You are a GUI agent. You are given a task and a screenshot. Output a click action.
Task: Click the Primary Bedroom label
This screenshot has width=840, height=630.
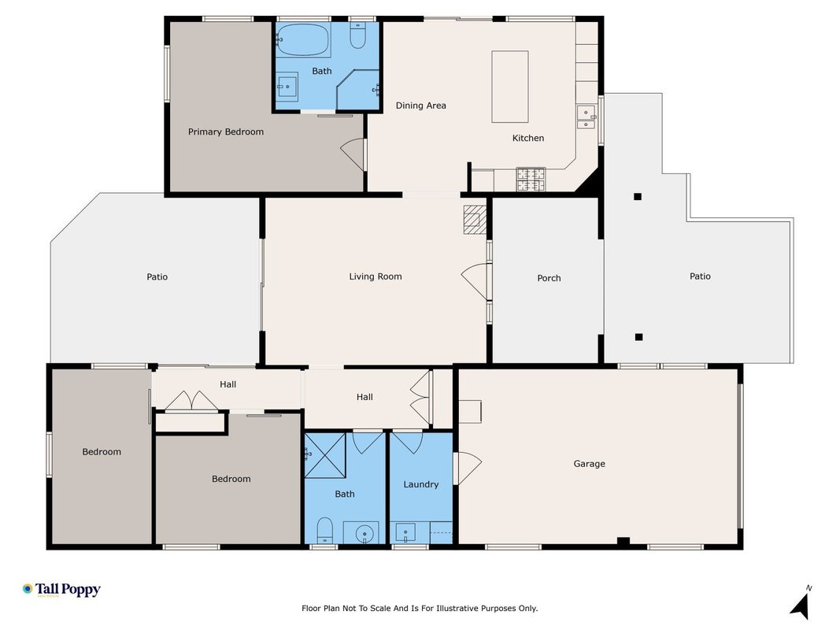[x=225, y=132]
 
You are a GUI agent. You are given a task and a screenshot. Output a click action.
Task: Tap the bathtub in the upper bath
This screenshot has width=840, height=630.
[x=302, y=39]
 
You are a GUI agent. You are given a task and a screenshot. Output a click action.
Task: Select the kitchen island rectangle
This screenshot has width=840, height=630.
[x=510, y=87]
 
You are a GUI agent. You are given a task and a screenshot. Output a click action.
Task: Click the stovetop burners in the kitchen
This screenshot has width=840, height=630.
[x=531, y=179]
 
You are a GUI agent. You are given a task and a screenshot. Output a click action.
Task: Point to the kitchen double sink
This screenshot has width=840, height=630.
[x=586, y=117]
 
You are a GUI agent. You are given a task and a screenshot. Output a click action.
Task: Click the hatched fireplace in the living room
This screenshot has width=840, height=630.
[x=475, y=220]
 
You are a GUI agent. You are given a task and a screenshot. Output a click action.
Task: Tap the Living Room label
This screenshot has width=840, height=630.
[x=375, y=276]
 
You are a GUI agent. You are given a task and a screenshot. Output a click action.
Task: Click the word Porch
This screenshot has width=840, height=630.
[x=549, y=278]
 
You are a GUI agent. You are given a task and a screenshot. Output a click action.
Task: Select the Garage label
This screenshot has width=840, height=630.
[x=590, y=464]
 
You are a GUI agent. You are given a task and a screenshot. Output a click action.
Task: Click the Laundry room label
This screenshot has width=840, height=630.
[x=420, y=484]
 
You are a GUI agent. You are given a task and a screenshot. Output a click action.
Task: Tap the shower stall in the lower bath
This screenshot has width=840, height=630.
[x=325, y=455]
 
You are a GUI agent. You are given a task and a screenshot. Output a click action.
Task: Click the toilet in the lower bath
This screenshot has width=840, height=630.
[x=324, y=530]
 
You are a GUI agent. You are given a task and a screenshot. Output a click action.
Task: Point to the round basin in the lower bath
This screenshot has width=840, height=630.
[x=364, y=534]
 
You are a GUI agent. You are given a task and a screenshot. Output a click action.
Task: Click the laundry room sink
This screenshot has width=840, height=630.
[x=405, y=533]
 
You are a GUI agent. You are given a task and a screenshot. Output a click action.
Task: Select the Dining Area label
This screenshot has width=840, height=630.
[x=420, y=106]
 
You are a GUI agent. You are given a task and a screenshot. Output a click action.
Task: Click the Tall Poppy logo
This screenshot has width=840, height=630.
[x=61, y=590]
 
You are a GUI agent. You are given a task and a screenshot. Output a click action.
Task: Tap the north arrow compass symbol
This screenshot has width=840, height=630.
[x=801, y=604]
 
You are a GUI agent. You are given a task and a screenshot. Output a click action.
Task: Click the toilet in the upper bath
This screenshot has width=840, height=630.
[x=358, y=35]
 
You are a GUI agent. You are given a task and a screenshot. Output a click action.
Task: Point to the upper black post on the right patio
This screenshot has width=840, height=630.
[x=638, y=197]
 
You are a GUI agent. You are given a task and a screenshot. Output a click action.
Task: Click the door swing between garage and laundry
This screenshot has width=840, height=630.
[x=468, y=469]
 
